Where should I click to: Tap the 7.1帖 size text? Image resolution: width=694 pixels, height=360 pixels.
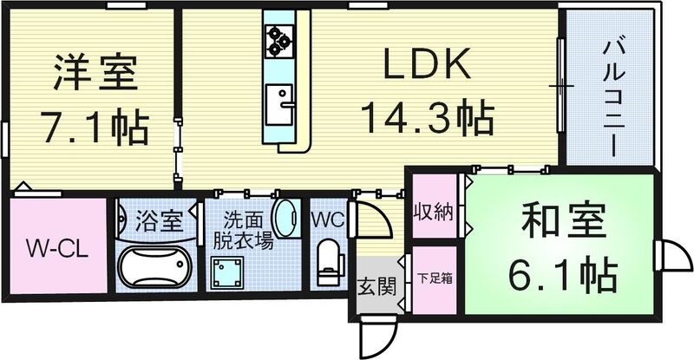coord(95,127)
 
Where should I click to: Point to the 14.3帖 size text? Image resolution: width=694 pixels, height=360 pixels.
coord(428,117)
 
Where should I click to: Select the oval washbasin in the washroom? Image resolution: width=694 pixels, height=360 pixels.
coord(283,218)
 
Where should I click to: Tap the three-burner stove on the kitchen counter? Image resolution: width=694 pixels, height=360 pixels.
coord(278,37)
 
